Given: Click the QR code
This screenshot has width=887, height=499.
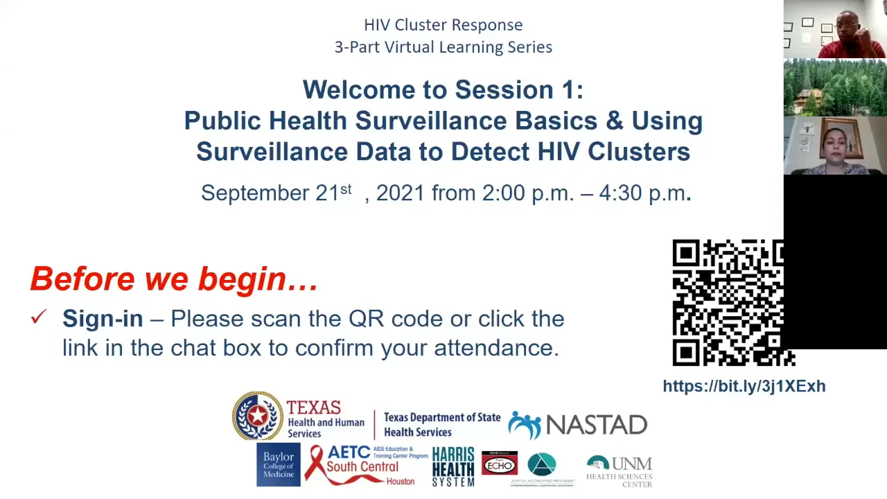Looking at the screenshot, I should click(731, 302).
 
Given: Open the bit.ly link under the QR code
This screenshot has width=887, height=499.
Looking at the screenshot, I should click(744, 386).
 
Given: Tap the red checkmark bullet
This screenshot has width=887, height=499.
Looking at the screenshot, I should click(38, 317).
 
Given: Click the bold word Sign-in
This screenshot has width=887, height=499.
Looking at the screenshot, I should click(103, 319).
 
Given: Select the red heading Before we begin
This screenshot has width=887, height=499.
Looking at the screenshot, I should click(174, 279).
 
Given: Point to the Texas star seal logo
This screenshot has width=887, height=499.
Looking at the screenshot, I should click(257, 416).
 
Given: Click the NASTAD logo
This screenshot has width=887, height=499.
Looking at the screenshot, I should click(578, 425).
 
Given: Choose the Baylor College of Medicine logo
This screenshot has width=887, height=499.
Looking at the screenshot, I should click(278, 465).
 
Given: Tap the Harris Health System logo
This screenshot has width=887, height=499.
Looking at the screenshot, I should click(453, 466).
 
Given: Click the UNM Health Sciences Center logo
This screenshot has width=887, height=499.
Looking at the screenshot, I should click(619, 471).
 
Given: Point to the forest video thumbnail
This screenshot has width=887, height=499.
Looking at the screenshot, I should click(835, 87).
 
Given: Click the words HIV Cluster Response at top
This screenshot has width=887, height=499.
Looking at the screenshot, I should click(443, 25).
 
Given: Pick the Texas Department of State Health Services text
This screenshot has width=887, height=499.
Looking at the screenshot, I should click(441, 425).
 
